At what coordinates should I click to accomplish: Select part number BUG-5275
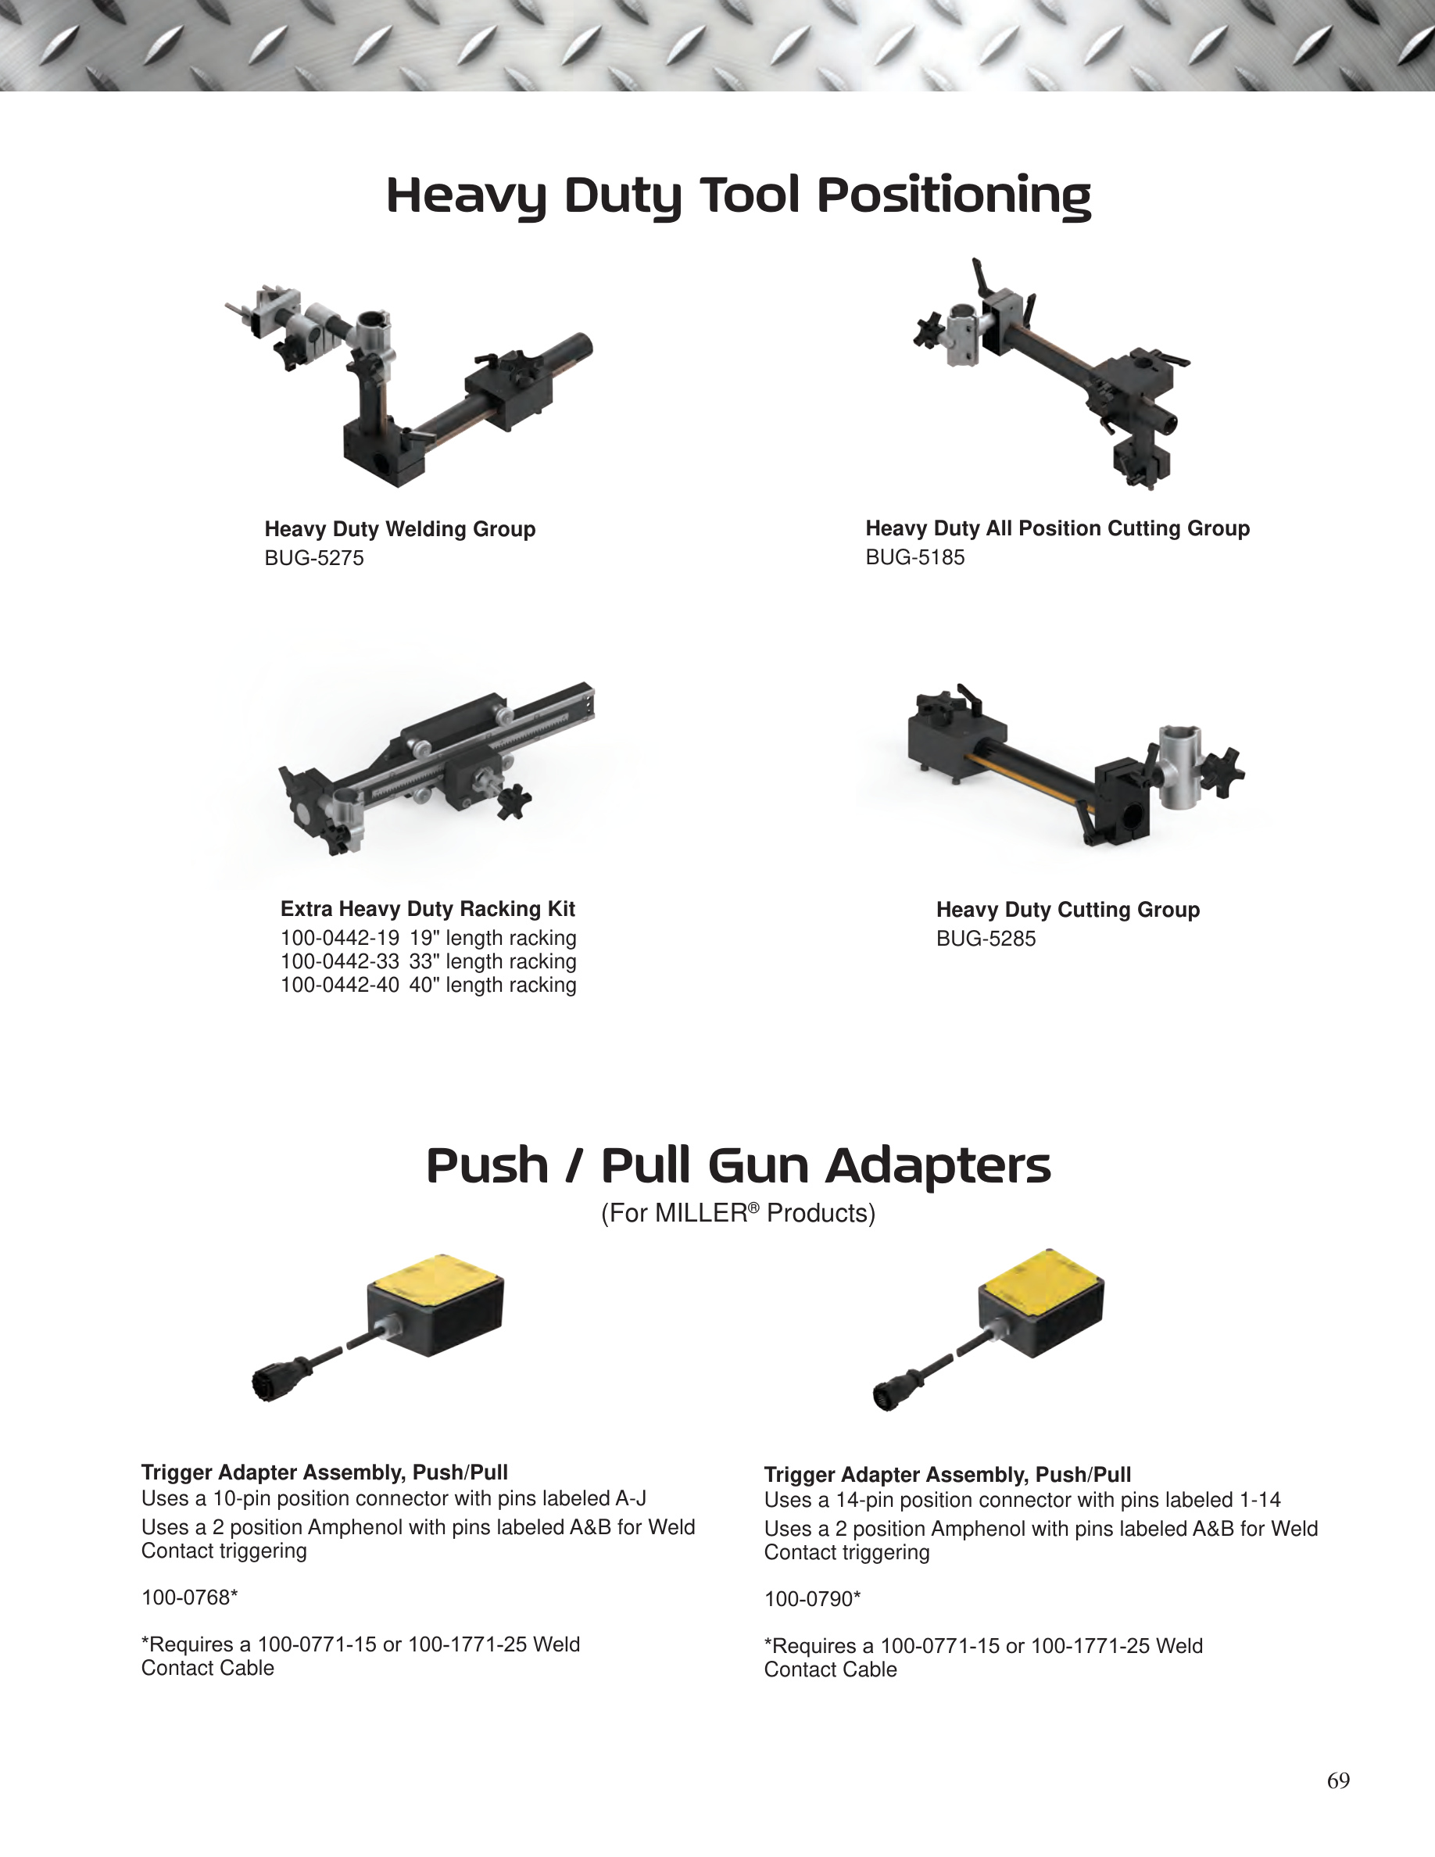(313, 558)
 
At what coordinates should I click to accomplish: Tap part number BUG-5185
(914, 557)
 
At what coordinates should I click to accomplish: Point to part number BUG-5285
(986, 939)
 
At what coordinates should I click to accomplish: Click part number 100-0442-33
(339, 961)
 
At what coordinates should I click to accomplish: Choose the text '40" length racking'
(492, 985)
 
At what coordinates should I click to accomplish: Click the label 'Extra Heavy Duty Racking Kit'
(428, 909)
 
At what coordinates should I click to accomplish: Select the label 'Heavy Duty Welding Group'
(399, 529)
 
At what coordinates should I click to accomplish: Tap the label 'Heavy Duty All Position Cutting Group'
(1057, 528)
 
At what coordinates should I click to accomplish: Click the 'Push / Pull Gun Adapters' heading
(738, 1166)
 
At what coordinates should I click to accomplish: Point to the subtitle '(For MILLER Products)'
(738, 1212)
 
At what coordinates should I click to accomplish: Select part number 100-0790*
(812, 1599)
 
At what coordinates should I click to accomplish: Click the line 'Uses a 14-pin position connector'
(1022, 1501)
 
